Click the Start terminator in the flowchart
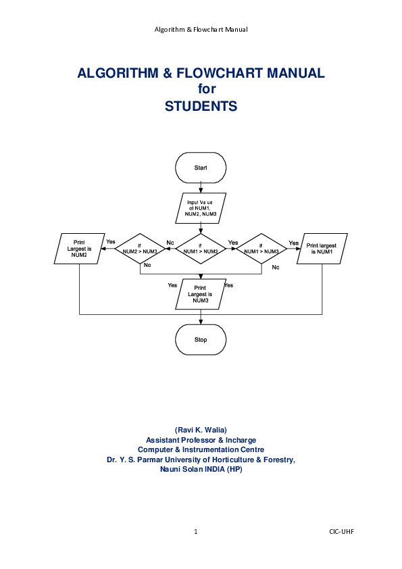click(x=201, y=167)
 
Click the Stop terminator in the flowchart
click(x=201, y=339)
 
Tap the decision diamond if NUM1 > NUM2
click(x=201, y=249)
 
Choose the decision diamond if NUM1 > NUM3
click(x=261, y=249)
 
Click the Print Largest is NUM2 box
click(x=80, y=249)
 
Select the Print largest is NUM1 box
click(x=322, y=249)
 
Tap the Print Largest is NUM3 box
click(x=201, y=294)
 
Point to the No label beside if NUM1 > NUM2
click(x=170, y=242)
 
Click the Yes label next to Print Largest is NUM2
click(x=111, y=242)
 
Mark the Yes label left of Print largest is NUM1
click(x=293, y=243)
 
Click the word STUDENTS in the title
click(x=201, y=106)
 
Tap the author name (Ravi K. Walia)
click(x=201, y=430)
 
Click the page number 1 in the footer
click(x=196, y=532)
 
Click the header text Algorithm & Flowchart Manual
click(x=201, y=30)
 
